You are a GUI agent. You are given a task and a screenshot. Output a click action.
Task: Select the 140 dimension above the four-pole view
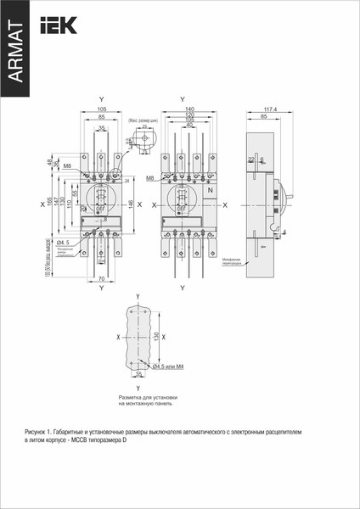click(x=188, y=109)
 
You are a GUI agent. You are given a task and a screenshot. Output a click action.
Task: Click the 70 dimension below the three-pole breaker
click(x=101, y=278)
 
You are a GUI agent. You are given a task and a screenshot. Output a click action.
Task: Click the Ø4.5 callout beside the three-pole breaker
click(x=62, y=243)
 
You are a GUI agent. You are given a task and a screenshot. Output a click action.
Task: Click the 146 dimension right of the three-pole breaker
click(x=130, y=204)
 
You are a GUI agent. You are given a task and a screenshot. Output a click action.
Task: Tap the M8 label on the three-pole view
click(x=67, y=166)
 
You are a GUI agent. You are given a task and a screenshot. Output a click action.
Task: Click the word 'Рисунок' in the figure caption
click(x=38, y=432)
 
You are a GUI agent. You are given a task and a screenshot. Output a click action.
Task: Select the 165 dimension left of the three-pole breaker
click(x=48, y=204)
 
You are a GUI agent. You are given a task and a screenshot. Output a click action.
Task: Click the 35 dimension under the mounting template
click(x=139, y=373)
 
